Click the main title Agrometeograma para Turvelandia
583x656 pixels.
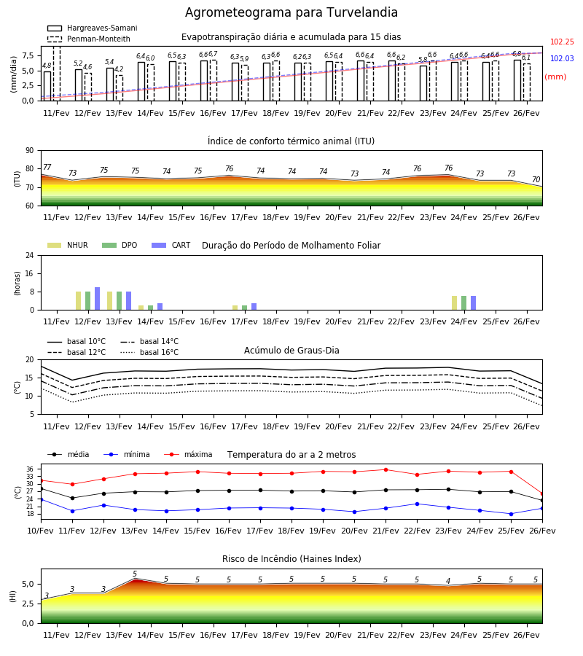[291, 12]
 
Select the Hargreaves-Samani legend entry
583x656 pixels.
[93, 28]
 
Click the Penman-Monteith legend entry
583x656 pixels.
[89, 39]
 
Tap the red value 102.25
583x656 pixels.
[562, 42]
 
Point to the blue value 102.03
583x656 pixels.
[562, 58]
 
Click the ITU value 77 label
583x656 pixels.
[47, 167]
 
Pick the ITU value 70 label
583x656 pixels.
[536, 179]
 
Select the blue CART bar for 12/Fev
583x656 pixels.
[98, 299]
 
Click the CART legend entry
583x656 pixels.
[171, 245]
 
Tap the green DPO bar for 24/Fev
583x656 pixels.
[463, 303]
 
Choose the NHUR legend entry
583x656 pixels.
[68, 245]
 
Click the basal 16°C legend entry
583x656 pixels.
[149, 352]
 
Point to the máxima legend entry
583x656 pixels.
[188, 454]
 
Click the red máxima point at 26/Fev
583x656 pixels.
[542, 494]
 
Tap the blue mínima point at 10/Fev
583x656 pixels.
[41, 499]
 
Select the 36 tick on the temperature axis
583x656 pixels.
[33, 469]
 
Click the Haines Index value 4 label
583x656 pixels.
[448, 581]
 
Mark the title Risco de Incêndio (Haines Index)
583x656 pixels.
[291, 559]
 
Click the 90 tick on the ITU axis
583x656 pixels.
[30, 151]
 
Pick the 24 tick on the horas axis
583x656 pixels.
[30, 255]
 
